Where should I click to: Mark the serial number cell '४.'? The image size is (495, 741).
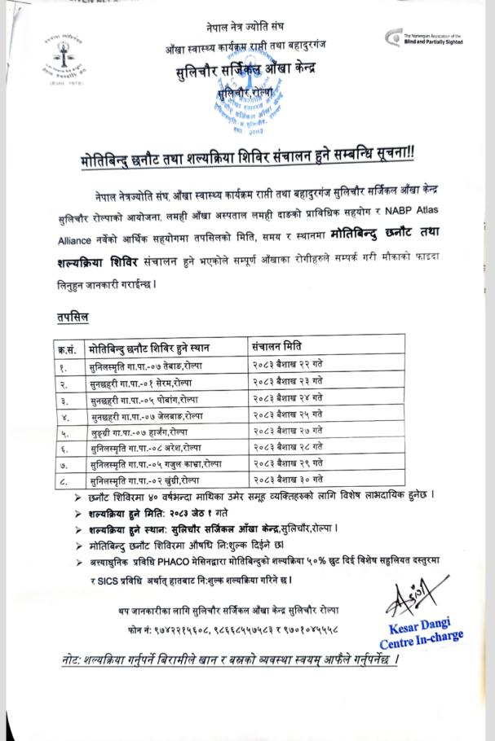pyautogui.click(x=64, y=415)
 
